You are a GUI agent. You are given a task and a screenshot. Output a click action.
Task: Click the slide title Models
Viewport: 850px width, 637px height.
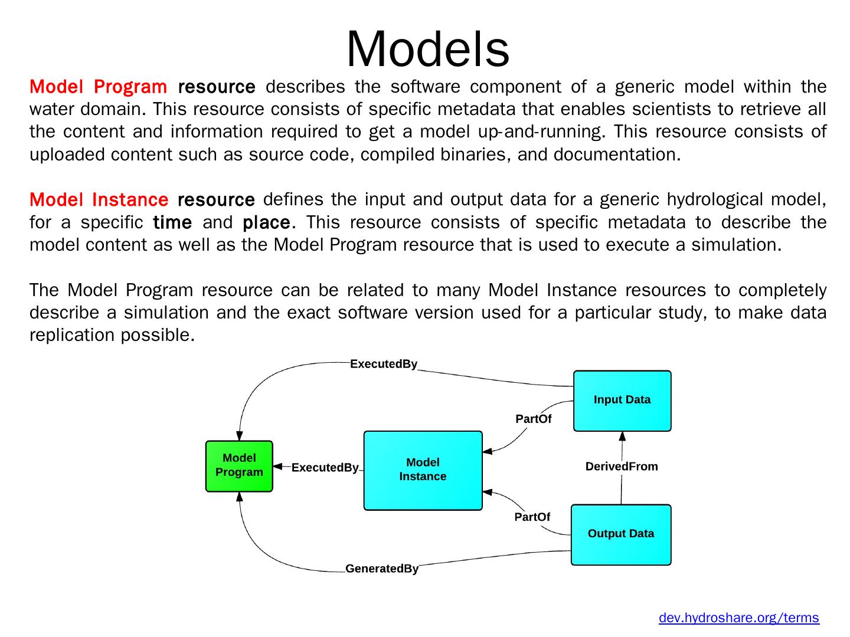[x=427, y=49]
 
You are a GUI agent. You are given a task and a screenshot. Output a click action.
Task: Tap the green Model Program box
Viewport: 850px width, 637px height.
[x=239, y=466]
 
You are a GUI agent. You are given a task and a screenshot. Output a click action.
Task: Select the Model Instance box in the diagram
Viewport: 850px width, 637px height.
[x=423, y=470]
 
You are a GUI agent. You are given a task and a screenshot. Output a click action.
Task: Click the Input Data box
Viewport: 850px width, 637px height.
[x=622, y=400]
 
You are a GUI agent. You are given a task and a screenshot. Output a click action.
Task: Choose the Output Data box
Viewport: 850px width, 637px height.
[x=621, y=534]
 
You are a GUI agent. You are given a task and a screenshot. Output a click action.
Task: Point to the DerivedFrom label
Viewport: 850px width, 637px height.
[x=622, y=466]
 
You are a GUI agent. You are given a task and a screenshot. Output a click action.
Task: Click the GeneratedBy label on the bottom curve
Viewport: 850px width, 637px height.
[x=382, y=569]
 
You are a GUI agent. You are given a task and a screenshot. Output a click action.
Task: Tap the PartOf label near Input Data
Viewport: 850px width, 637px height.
[x=533, y=419]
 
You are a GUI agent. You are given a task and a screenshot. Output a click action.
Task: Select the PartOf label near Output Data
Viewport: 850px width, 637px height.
[x=532, y=517]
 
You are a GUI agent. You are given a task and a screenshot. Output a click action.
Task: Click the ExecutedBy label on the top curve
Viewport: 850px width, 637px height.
[x=383, y=364]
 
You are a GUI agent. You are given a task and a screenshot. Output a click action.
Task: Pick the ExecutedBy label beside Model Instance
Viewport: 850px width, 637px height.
[x=325, y=468]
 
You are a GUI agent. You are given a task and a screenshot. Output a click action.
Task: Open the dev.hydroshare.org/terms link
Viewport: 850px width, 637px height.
[x=738, y=618]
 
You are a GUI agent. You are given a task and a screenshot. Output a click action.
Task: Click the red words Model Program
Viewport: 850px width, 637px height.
[x=99, y=87]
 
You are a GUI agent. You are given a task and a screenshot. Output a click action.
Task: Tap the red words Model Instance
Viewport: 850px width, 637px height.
[x=99, y=199]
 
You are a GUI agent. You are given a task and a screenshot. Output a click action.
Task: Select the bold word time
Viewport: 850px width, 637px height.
[x=172, y=222]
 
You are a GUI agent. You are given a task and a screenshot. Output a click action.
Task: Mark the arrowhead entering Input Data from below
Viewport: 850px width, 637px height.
[x=622, y=436]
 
